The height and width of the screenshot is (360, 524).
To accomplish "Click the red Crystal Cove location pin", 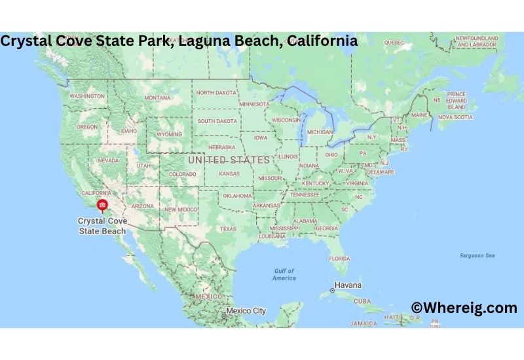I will point(102,206).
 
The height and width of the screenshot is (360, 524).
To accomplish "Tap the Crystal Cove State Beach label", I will point(102,226).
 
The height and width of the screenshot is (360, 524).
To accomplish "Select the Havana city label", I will point(348,286).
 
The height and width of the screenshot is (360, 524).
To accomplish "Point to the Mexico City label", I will point(246,311).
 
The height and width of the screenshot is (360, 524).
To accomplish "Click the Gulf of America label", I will point(284,274).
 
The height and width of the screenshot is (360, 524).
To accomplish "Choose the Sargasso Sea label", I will point(477,255).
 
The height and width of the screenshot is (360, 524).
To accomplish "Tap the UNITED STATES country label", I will point(228,160).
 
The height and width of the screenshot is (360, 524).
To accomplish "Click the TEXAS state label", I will point(228,229).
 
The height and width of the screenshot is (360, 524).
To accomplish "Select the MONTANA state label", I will point(157,98).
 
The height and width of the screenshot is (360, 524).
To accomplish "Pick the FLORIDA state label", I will point(339,259).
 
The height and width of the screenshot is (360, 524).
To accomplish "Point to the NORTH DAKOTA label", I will point(216,93).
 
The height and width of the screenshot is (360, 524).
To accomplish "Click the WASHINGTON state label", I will point(87,96).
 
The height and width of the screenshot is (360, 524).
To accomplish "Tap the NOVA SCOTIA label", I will point(455,117).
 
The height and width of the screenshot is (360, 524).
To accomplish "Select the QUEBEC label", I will point(394,43).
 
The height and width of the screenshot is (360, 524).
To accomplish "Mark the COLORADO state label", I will point(183,174).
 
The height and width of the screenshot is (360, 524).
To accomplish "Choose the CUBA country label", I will point(362,301).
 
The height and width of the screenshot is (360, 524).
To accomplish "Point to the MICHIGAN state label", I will point(320,132).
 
